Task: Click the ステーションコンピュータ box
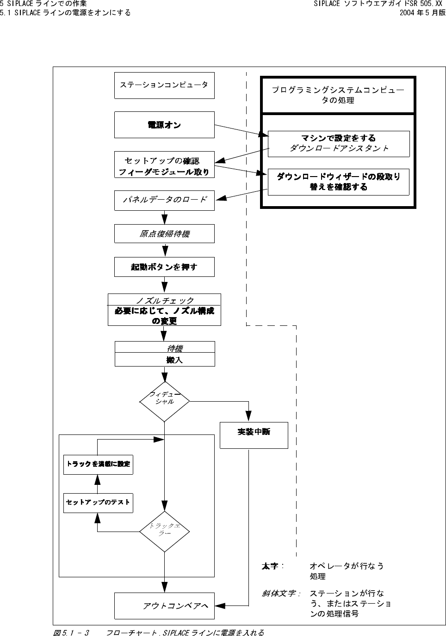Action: (x=164, y=85)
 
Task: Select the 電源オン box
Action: (x=164, y=125)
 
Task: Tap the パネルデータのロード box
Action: (x=164, y=200)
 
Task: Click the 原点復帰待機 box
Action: (x=164, y=234)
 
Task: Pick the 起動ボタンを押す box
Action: (x=164, y=267)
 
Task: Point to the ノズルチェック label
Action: (x=165, y=300)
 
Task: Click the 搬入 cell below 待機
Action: (x=174, y=360)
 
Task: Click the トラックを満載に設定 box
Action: (x=98, y=464)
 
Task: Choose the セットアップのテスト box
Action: (x=98, y=502)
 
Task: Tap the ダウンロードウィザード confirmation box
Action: (x=339, y=182)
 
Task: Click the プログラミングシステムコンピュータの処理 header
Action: (x=338, y=95)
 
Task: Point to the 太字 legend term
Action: (x=270, y=566)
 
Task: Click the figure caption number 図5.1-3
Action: (x=71, y=632)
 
